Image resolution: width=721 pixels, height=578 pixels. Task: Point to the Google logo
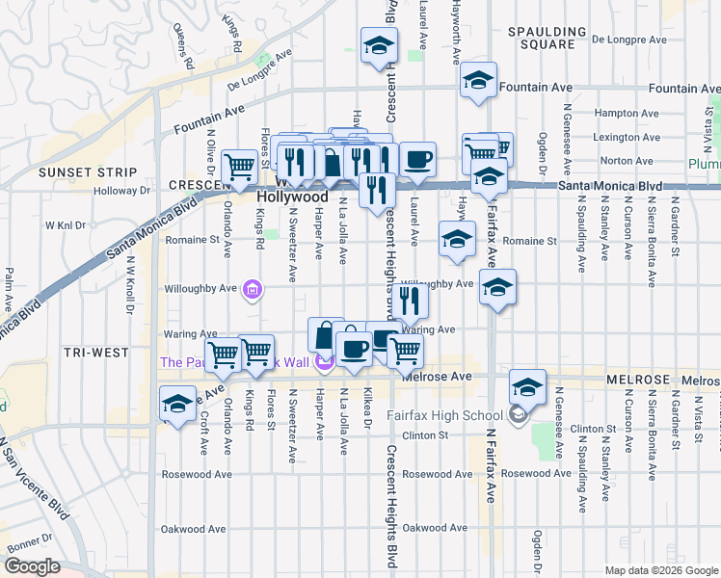(x=32, y=565)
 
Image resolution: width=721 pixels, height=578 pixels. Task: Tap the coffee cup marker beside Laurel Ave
(x=417, y=160)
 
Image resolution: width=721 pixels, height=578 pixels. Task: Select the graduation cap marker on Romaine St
(x=457, y=238)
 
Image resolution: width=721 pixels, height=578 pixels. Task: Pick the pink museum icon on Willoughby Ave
(x=254, y=288)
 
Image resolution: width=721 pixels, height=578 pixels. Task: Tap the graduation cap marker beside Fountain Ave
(x=478, y=80)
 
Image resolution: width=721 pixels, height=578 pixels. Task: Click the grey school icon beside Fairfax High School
(x=518, y=414)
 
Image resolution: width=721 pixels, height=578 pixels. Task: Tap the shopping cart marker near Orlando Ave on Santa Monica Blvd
(x=239, y=165)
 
